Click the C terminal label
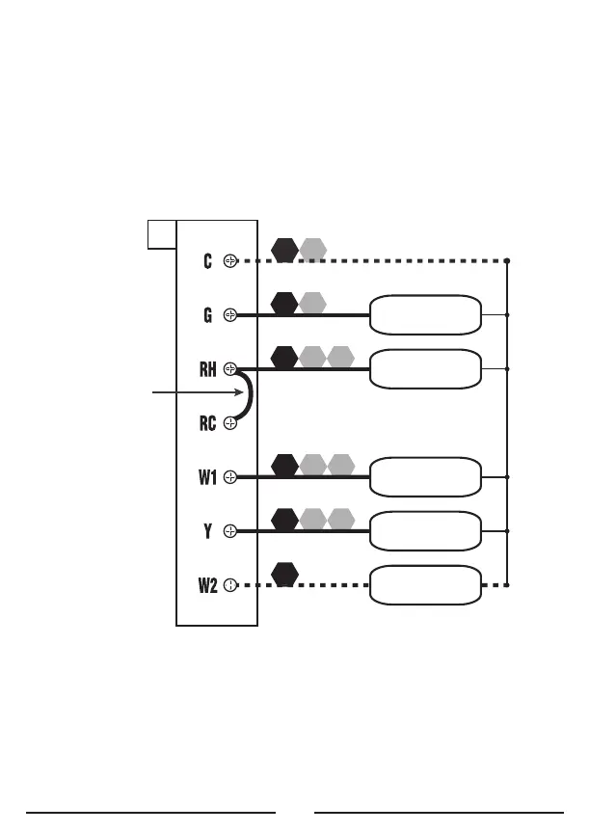(208, 260)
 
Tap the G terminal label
(207, 314)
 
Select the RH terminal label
(207, 368)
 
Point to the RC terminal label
(207, 422)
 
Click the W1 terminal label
(207, 476)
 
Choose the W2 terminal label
(207, 584)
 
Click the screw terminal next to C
(230, 260)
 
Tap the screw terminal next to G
(230, 314)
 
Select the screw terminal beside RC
(230, 422)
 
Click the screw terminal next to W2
(230, 584)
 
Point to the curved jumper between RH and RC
(250, 395)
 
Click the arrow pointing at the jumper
(193, 393)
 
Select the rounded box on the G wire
(425, 314)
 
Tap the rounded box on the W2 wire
(425, 584)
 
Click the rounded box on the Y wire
(425, 530)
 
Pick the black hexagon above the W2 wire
(284, 574)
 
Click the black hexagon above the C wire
(284, 250)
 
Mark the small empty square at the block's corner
(162, 233)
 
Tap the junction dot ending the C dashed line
(507, 260)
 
